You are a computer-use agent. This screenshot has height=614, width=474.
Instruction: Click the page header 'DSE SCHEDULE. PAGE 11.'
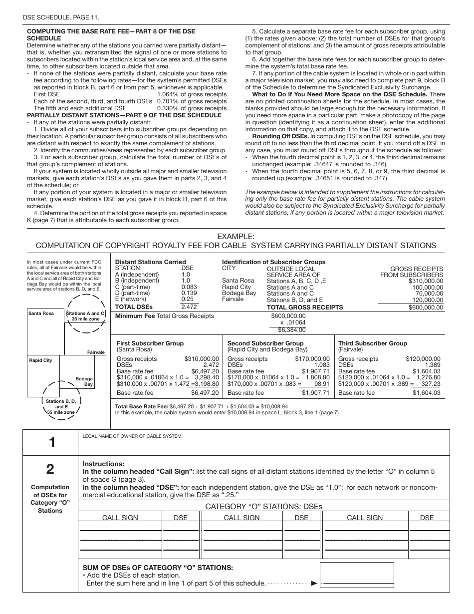pos(61,17)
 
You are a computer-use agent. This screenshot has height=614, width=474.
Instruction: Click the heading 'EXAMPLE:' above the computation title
pos(236,237)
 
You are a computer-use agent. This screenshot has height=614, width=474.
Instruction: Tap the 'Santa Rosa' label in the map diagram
pos(41,313)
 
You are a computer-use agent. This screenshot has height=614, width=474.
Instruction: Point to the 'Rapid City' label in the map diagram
pos(40,360)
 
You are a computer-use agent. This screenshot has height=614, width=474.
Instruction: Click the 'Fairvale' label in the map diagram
pos(96,352)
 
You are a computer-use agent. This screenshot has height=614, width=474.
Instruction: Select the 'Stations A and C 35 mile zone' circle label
pos(86,316)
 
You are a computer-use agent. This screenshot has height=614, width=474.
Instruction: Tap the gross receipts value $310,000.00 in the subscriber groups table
pos(426,281)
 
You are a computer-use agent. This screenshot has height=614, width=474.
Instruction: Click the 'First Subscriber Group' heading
pos(150,343)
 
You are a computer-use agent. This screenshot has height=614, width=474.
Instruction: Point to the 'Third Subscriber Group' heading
pos(372,343)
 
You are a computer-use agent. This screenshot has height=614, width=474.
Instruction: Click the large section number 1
pos(50,442)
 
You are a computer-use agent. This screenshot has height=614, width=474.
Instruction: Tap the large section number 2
pos(50,469)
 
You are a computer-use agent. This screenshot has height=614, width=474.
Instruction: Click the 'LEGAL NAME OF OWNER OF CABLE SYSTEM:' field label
pos(133,436)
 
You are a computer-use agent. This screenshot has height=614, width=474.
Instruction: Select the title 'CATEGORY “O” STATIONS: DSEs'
pos(264,507)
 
